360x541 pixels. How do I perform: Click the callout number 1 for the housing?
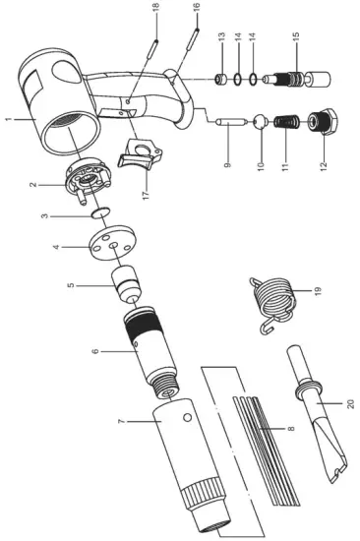[x=9, y=119]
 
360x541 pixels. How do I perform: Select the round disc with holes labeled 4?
[x=112, y=243]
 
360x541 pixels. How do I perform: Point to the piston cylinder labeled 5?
[x=126, y=283]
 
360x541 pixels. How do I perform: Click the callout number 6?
[x=95, y=351]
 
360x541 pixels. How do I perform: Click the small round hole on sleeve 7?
[x=188, y=417]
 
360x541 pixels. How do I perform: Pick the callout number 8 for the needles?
[x=291, y=428]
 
